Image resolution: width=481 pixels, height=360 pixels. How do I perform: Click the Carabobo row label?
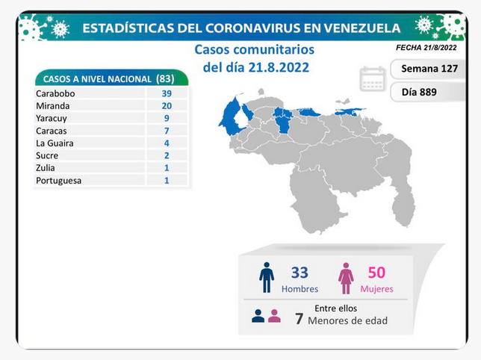coord(55,93)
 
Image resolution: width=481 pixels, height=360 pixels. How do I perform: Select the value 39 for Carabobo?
coord(167,93)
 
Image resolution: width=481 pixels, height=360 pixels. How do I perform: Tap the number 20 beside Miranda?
coord(167,106)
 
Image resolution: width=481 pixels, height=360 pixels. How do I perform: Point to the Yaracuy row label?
coord(52,118)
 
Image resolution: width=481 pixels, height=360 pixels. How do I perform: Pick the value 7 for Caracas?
coord(167,131)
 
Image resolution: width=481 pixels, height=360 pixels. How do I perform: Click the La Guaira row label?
coord(55,143)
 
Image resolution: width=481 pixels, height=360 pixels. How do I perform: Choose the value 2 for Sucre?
coord(167,155)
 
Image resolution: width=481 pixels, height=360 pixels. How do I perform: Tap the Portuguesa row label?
coord(58,181)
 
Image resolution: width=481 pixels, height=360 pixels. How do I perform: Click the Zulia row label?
coord(46,168)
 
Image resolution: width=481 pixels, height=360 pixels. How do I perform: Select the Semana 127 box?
coord(428,69)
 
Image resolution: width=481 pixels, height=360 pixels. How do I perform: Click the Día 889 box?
coord(428,92)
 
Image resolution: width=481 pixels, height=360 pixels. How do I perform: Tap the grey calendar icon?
coord(373,79)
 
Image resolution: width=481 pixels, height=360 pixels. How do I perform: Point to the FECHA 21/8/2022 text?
coord(426,48)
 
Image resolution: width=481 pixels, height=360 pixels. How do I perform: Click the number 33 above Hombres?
coord(300,273)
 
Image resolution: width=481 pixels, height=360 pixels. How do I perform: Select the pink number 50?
coord(376,273)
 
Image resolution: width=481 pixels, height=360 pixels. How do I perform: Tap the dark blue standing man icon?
coord(267,278)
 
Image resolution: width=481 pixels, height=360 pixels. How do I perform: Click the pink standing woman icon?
coord(346,279)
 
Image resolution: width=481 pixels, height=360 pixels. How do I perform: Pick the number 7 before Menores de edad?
coord(299,319)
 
